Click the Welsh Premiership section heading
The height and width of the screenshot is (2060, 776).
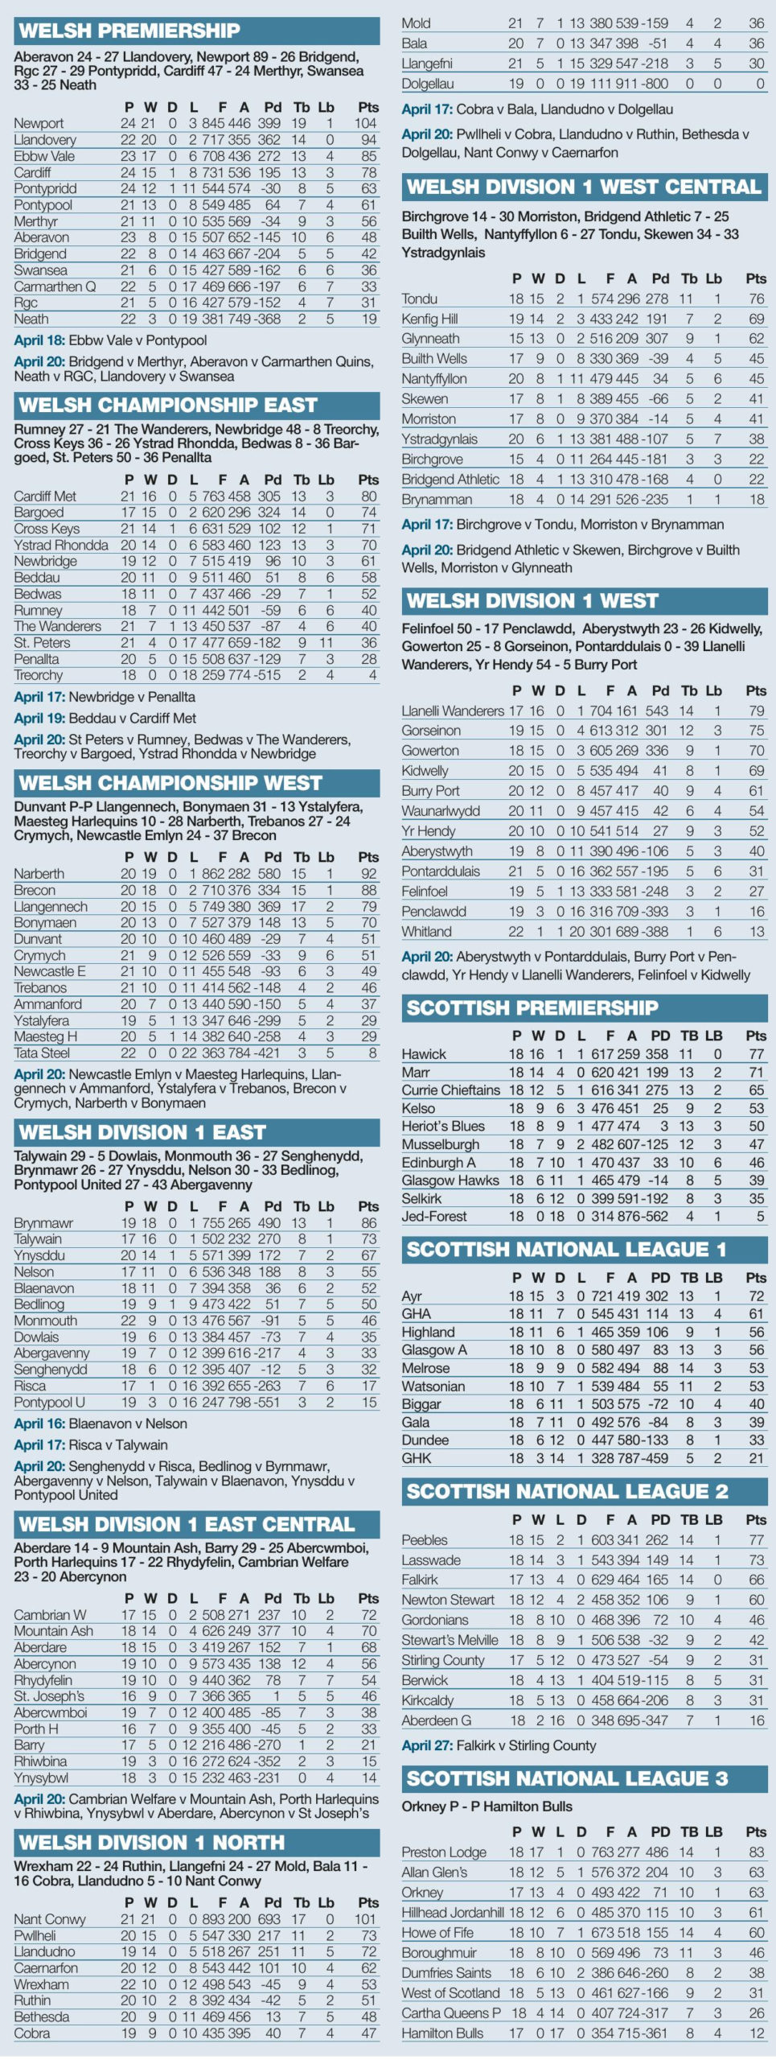(129, 31)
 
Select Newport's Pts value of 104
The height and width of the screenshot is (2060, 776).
(365, 123)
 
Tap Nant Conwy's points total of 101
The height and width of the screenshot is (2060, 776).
(365, 1918)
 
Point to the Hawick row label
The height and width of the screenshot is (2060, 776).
(424, 1053)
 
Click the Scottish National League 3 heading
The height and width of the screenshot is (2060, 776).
(567, 1778)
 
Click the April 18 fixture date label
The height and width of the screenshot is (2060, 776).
(39, 340)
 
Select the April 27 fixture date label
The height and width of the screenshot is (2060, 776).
(427, 1745)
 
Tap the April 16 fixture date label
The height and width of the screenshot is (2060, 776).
(39, 1423)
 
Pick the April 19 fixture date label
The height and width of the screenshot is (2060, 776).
(39, 718)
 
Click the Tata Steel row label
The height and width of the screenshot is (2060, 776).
(42, 1053)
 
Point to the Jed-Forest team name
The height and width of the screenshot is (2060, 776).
(434, 1216)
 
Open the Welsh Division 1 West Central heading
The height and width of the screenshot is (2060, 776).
(584, 187)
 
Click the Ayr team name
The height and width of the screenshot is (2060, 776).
(412, 1296)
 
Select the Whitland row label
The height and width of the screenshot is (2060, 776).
(426, 931)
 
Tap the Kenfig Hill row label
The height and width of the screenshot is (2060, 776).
(429, 319)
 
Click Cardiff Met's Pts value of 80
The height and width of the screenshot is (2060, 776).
(368, 496)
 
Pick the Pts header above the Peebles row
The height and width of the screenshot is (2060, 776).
(756, 1519)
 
